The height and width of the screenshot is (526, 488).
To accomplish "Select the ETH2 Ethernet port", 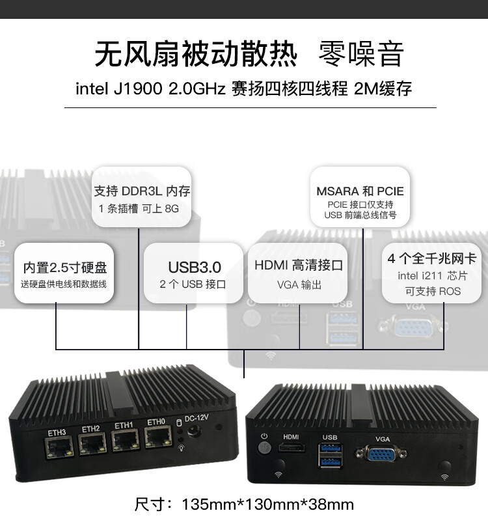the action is click(92, 445).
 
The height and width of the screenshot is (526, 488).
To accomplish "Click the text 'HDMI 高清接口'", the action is click(299, 266).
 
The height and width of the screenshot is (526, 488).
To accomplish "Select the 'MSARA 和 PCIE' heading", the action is click(360, 191).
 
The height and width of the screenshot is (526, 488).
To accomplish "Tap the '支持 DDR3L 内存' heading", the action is click(142, 191).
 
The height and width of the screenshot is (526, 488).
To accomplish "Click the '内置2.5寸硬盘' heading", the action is click(65, 267).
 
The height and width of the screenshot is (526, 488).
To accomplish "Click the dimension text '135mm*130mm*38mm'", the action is click(267, 504).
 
